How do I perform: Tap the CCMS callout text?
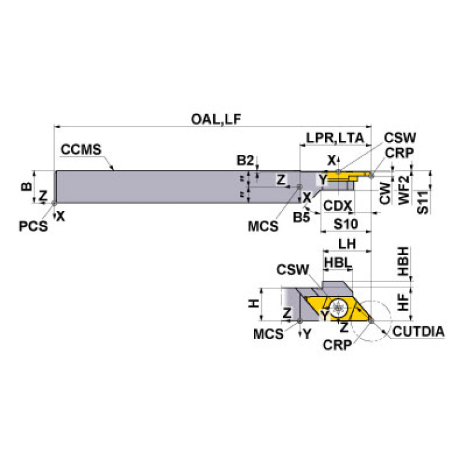(x=80, y=149)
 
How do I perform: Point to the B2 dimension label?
(x=245, y=160)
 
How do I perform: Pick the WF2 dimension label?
(x=403, y=190)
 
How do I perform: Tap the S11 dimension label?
(x=423, y=200)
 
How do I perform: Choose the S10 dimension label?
(x=345, y=224)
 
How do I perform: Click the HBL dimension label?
(x=336, y=262)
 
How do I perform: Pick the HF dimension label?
(x=404, y=301)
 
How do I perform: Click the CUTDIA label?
(x=418, y=331)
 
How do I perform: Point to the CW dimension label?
(x=385, y=194)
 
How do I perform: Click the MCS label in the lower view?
(x=269, y=334)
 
